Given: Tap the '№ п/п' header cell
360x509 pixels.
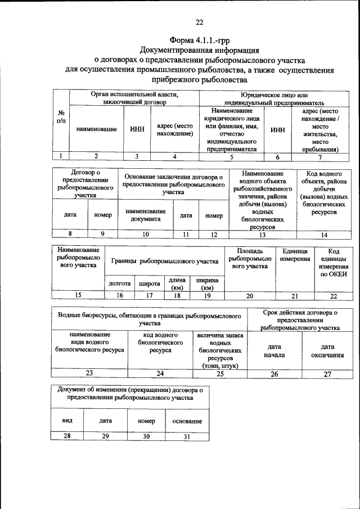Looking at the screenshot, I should pos(61,117).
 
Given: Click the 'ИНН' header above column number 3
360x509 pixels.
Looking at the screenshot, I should pos(137,129).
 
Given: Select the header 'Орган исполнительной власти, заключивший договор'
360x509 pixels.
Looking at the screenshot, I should pos(134,98).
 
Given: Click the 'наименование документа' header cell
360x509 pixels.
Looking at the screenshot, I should pos(145,215).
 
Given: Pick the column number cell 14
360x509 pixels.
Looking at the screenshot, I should pos(323,235).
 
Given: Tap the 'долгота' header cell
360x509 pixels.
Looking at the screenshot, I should pos(119,284).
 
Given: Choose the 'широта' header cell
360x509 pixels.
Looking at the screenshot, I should pos(150,284).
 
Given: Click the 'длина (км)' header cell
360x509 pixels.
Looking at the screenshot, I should pos(177,284).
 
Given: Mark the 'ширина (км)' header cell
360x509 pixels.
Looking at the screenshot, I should pos(206,284).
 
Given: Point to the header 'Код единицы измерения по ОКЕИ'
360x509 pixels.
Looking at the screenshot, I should pos(334,262).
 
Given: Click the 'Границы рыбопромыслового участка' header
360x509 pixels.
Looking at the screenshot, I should pos(164,262).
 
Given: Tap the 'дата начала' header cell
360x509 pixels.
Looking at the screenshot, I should pos(275,351).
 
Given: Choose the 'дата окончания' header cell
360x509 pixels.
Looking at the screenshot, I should pos(327,351).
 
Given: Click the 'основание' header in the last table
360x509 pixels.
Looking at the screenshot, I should pos(188,421).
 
